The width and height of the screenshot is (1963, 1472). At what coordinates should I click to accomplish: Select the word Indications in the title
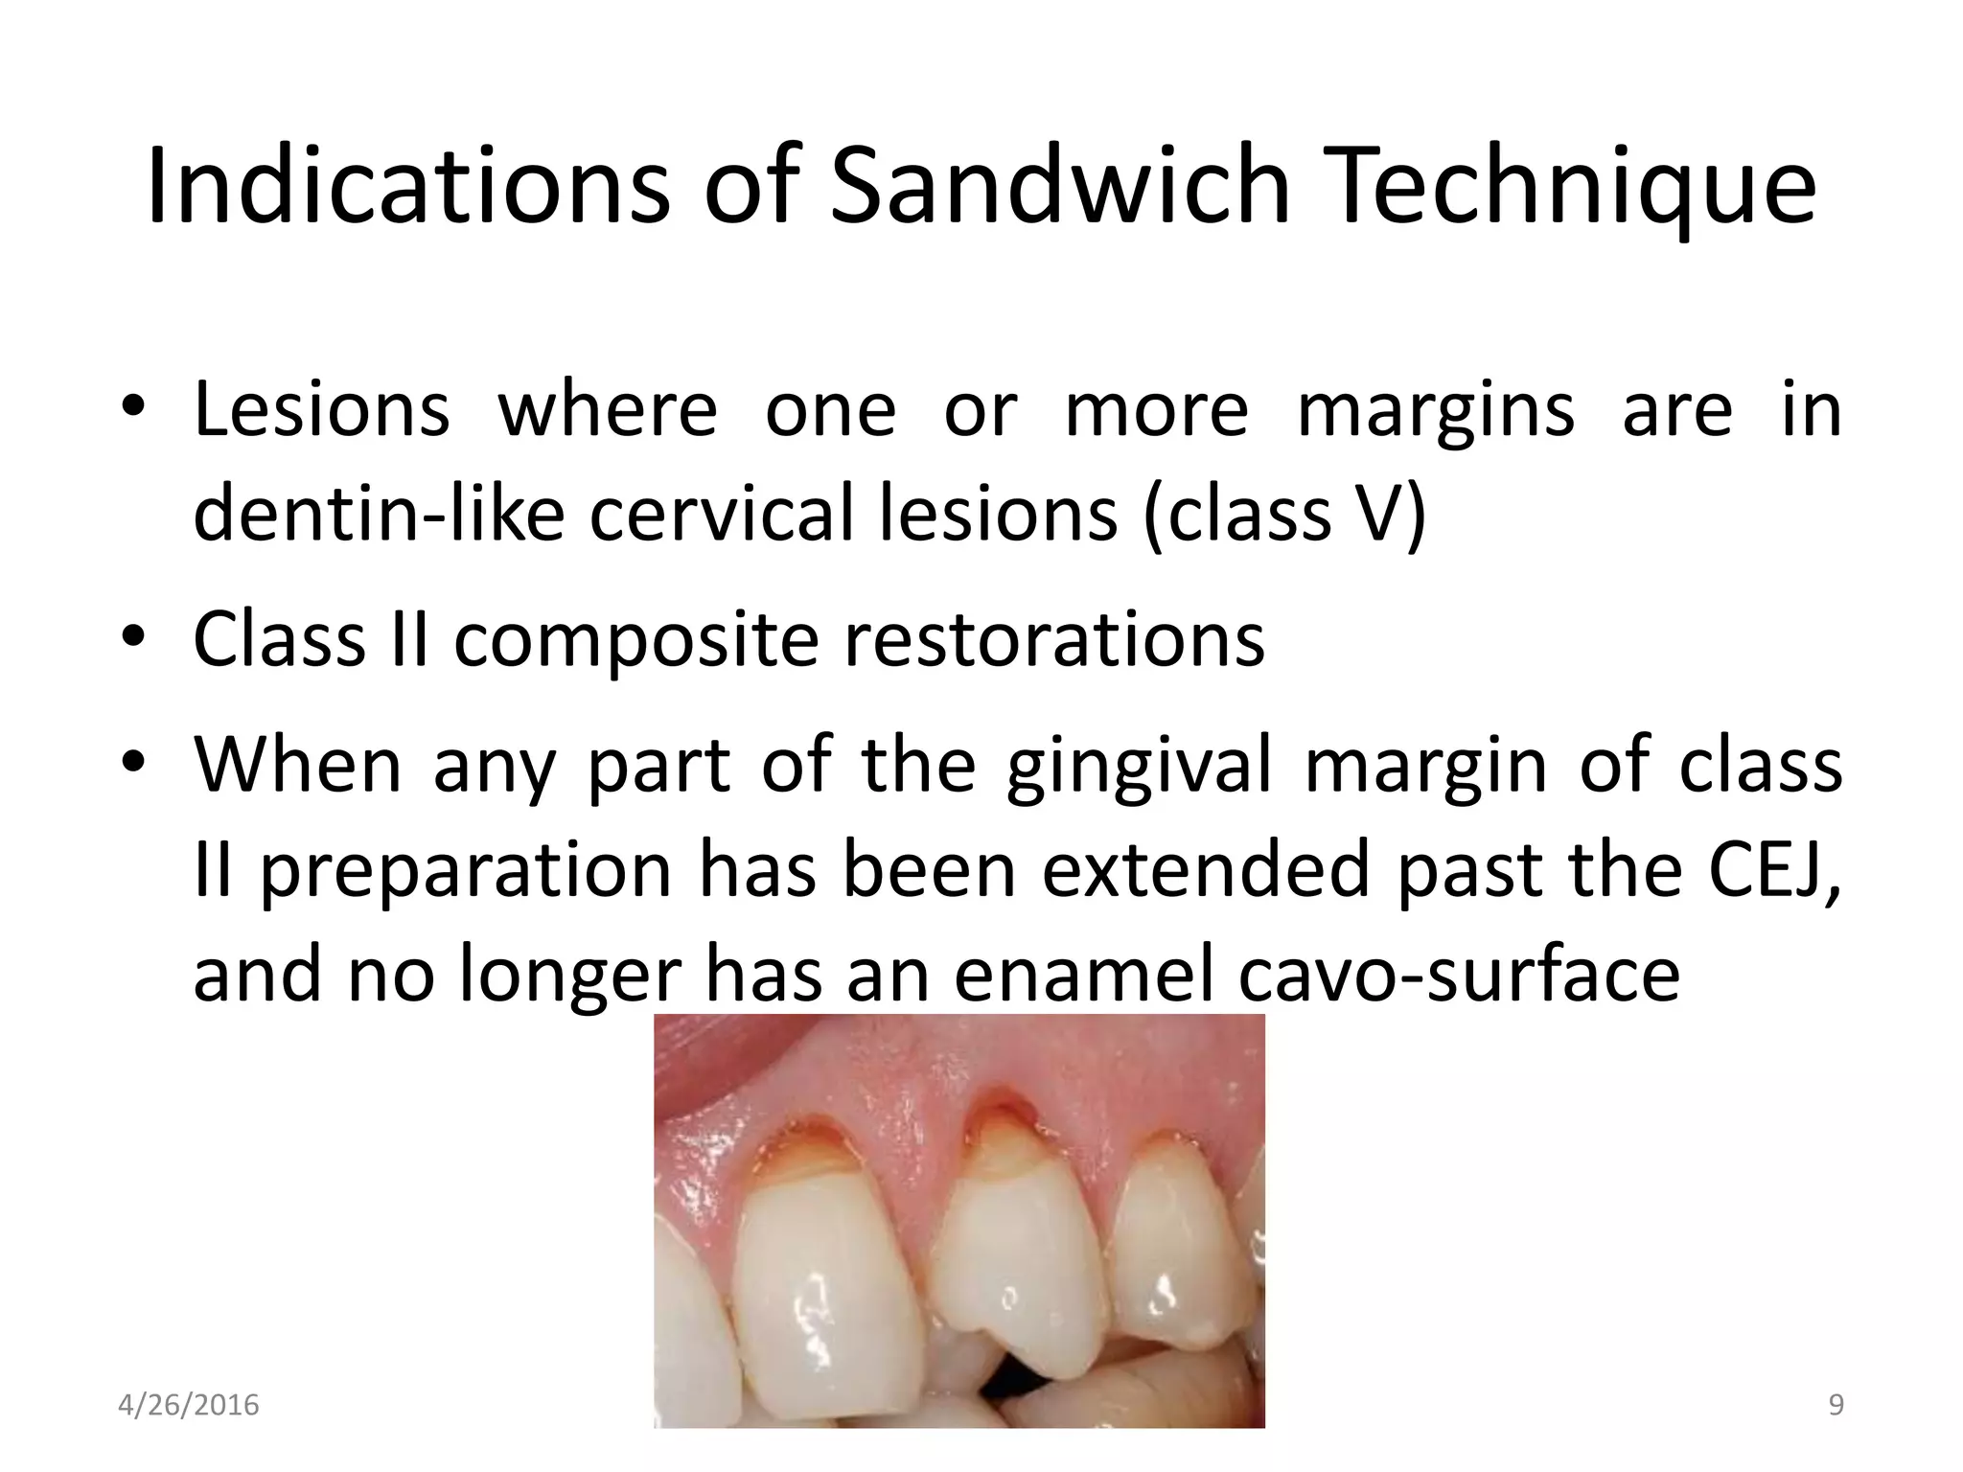pyautogui.click(x=407, y=186)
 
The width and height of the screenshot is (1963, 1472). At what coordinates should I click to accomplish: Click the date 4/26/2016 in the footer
pyautogui.click(x=189, y=1406)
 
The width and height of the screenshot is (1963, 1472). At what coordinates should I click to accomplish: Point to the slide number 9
pyautogui.click(x=1836, y=1406)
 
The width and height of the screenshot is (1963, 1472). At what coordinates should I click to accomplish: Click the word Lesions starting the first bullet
pyautogui.click(x=322, y=410)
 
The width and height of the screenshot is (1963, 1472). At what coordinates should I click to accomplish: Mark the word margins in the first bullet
pyautogui.click(x=1434, y=410)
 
